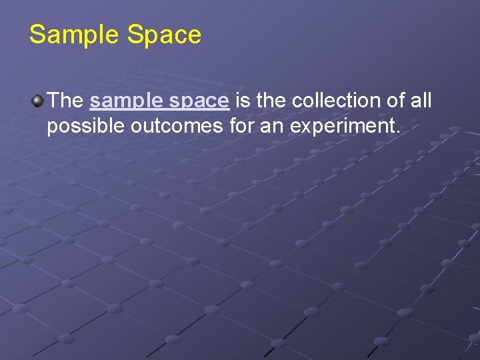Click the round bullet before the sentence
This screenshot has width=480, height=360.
click(37, 101)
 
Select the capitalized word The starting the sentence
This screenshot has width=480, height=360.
click(65, 101)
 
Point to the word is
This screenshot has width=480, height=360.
click(243, 101)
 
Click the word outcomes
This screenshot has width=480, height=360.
click(175, 126)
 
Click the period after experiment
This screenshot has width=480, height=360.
click(399, 131)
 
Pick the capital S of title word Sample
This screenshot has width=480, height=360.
click(37, 35)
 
